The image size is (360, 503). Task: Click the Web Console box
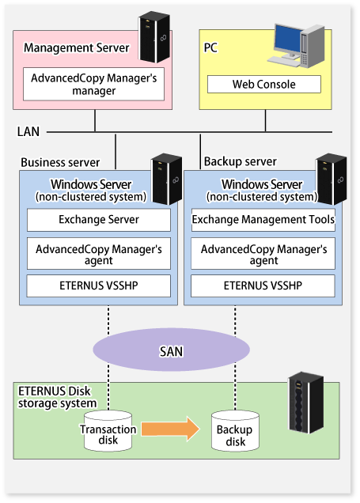pyautogui.click(x=264, y=85)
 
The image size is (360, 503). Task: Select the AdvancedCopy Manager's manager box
pyautogui.click(x=93, y=84)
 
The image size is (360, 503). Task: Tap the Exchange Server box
pyautogui.click(x=99, y=220)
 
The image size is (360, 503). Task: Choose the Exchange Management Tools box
pyautogui.click(x=263, y=220)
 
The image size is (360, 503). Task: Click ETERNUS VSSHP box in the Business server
pyautogui.click(x=98, y=286)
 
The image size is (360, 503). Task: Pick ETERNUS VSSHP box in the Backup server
pyautogui.click(x=263, y=286)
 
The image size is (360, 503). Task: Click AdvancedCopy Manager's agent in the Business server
pyautogui.click(x=99, y=253)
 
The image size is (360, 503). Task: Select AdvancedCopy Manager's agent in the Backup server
pyautogui.click(x=263, y=253)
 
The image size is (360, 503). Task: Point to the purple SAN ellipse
pyautogui.click(x=172, y=350)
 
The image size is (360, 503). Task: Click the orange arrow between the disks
pyautogui.click(x=170, y=429)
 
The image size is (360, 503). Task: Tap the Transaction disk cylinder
pyautogui.click(x=108, y=431)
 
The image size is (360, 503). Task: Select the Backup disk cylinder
pyautogui.click(x=235, y=431)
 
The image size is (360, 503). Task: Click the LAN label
pyautogui.click(x=28, y=131)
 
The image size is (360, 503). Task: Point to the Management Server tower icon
pyautogui.click(x=154, y=37)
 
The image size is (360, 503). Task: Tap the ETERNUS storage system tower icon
pyautogui.click(x=306, y=403)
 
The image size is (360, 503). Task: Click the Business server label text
pyautogui.click(x=60, y=162)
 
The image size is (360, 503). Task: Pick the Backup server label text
pyautogui.click(x=241, y=161)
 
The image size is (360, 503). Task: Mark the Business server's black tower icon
pyautogui.click(x=166, y=179)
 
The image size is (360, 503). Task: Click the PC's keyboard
pyautogui.click(x=283, y=60)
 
